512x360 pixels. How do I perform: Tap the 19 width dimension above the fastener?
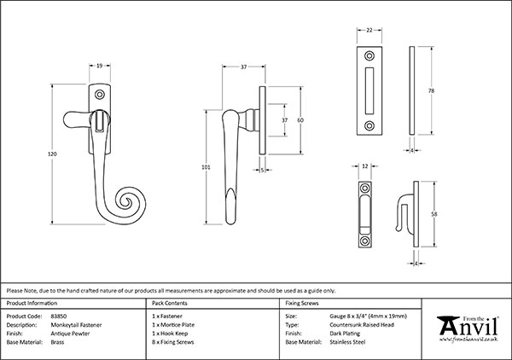101,65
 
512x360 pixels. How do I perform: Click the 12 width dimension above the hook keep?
366,166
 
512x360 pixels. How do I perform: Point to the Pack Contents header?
169,304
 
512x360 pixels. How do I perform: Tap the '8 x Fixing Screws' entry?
175,341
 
